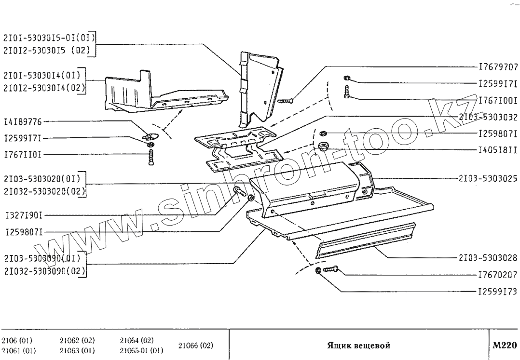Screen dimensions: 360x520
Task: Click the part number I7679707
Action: click(498, 67)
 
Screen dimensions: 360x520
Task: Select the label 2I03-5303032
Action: click(488, 117)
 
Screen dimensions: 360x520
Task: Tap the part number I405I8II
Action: click(498, 150)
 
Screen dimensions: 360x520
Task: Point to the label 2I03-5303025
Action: click(488, 178)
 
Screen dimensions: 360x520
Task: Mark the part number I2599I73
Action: click(498, 292)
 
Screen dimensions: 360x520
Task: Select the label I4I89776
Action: click(23, 121)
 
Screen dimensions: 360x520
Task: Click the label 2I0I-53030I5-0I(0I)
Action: click(49, 37)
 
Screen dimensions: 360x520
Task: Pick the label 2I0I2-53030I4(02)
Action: click(44, 88)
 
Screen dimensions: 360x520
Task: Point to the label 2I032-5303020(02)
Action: click(44, 191)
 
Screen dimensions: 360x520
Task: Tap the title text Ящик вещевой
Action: click(358, 346)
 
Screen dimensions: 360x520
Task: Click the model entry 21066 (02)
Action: click(195, 346)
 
